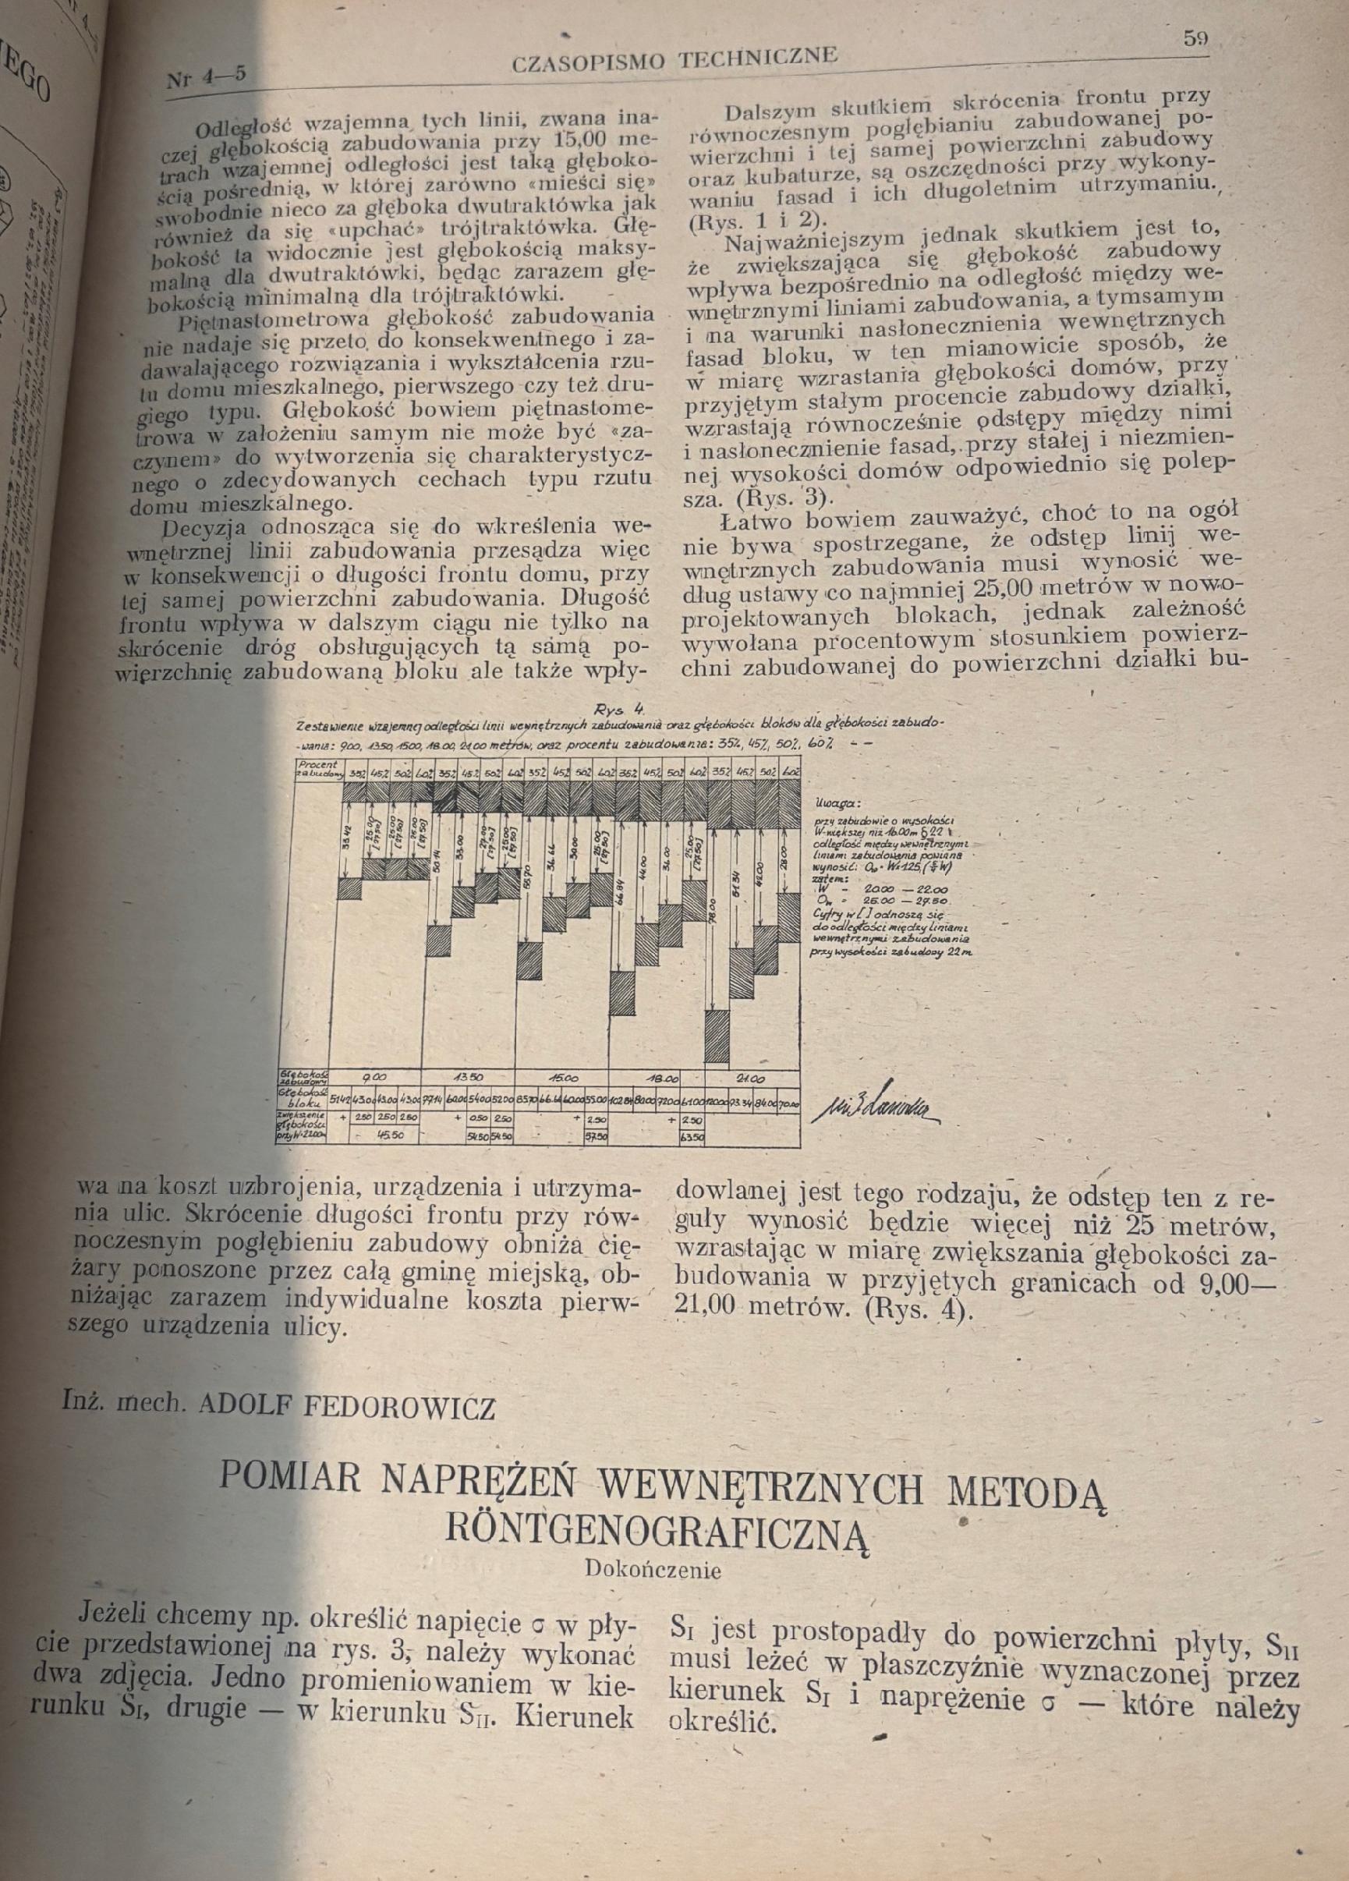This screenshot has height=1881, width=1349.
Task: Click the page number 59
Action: click(1195, 38)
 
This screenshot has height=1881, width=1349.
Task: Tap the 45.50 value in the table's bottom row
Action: click(389, 1135)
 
